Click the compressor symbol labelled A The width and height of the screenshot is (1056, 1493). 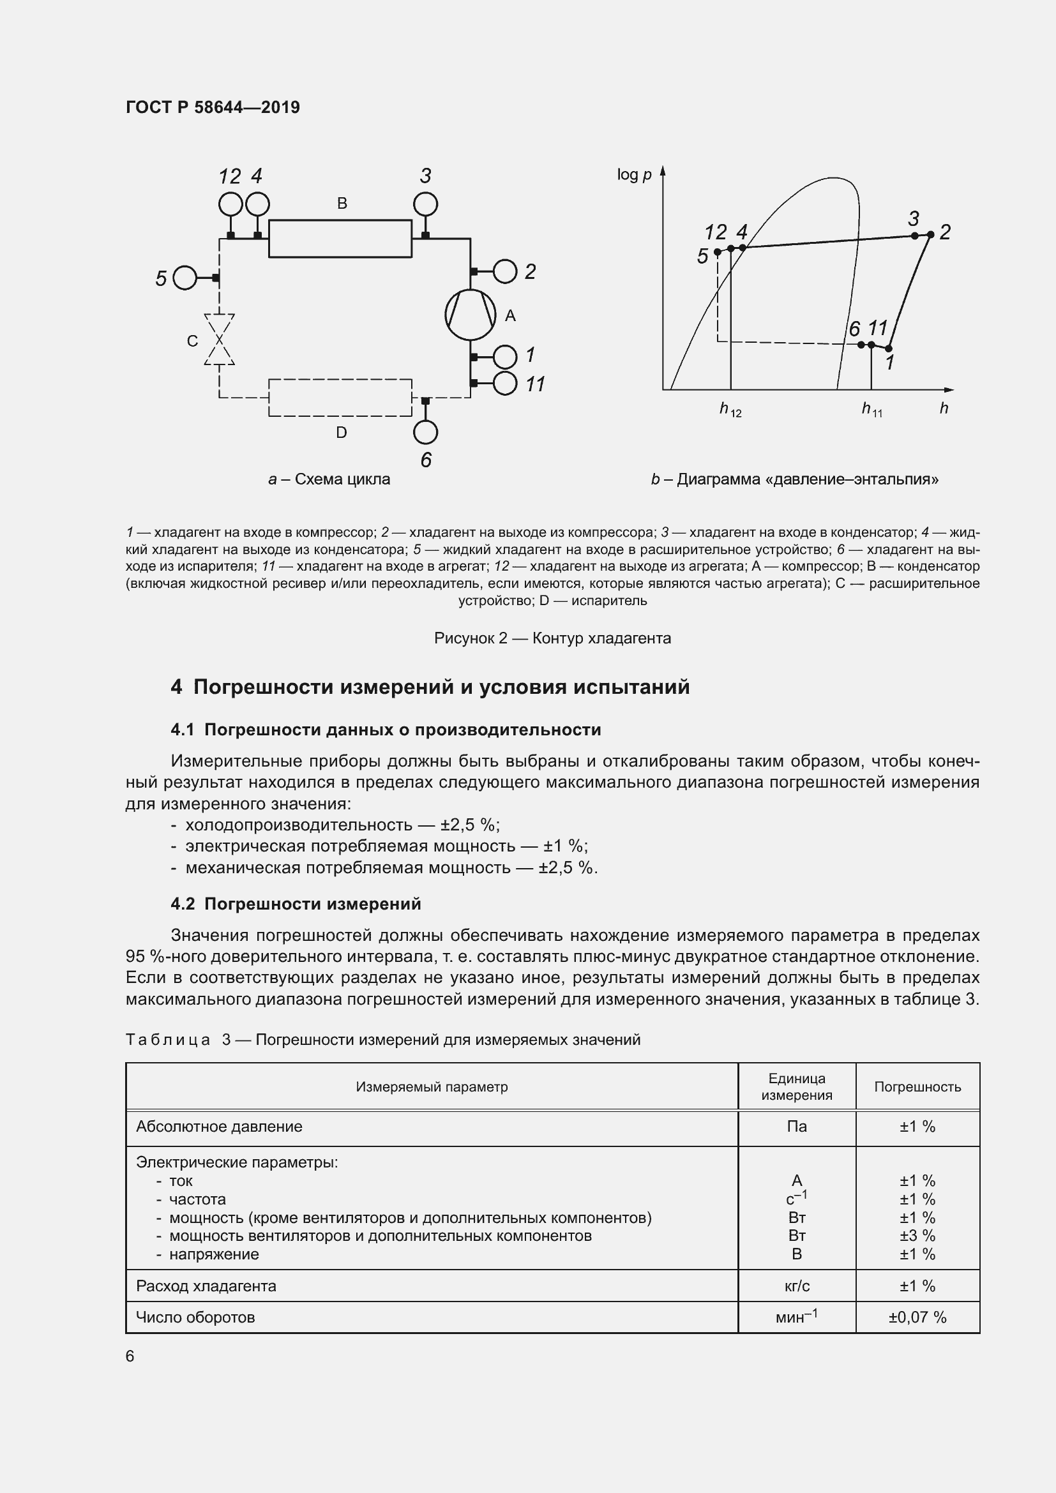click(x=470, y=315)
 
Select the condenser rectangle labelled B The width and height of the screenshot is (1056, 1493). click(x=340, y=239)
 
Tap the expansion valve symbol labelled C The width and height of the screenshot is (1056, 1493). click(x=219, y=340)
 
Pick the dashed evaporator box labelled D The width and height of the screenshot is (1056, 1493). click(x=340, y=397)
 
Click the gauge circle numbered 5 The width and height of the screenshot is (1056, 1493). click(x=185, y=278)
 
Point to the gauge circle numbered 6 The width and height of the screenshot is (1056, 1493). click(x=425, y=432)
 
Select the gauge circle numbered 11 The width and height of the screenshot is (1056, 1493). click(x=505, y=384)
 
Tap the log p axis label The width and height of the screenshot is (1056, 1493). click(x=634, y=174)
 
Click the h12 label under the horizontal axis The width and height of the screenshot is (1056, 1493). click(x=730, y=410)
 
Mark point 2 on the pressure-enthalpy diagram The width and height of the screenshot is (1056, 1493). click(x=930, y=235)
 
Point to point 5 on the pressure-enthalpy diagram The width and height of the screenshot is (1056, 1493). click(x=717, y=251)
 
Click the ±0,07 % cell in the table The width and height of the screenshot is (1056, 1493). click(x=917, y=1317)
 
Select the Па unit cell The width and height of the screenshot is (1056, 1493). click(x=797, y=1126)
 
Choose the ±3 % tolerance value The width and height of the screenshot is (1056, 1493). click(x=917, y=1236)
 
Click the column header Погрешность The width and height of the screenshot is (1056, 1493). click(x=917, y=1086)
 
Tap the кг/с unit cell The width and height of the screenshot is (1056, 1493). click(x=797, y=1286)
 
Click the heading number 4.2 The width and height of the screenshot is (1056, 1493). click(x=183, y=904)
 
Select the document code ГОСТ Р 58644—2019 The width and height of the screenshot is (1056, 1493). click(x=213, y=107)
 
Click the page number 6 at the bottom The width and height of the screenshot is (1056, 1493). click(x=130, y=1356)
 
